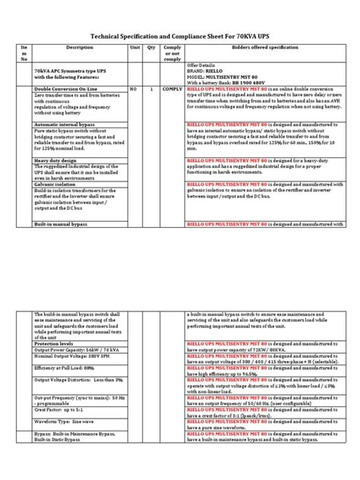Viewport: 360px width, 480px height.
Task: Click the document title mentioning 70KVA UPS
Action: (x=179, y=34)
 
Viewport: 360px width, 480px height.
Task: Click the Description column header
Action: (x=79, y=46)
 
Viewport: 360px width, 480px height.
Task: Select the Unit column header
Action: (x=135, y=46)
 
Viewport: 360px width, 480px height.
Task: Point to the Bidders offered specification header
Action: (x=257, y=46)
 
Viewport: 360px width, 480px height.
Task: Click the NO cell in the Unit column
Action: (x=134, y=89)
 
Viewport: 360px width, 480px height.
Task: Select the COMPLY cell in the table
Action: (x=171, y=89)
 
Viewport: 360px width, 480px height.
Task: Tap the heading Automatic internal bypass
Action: (x=64, y=123)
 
